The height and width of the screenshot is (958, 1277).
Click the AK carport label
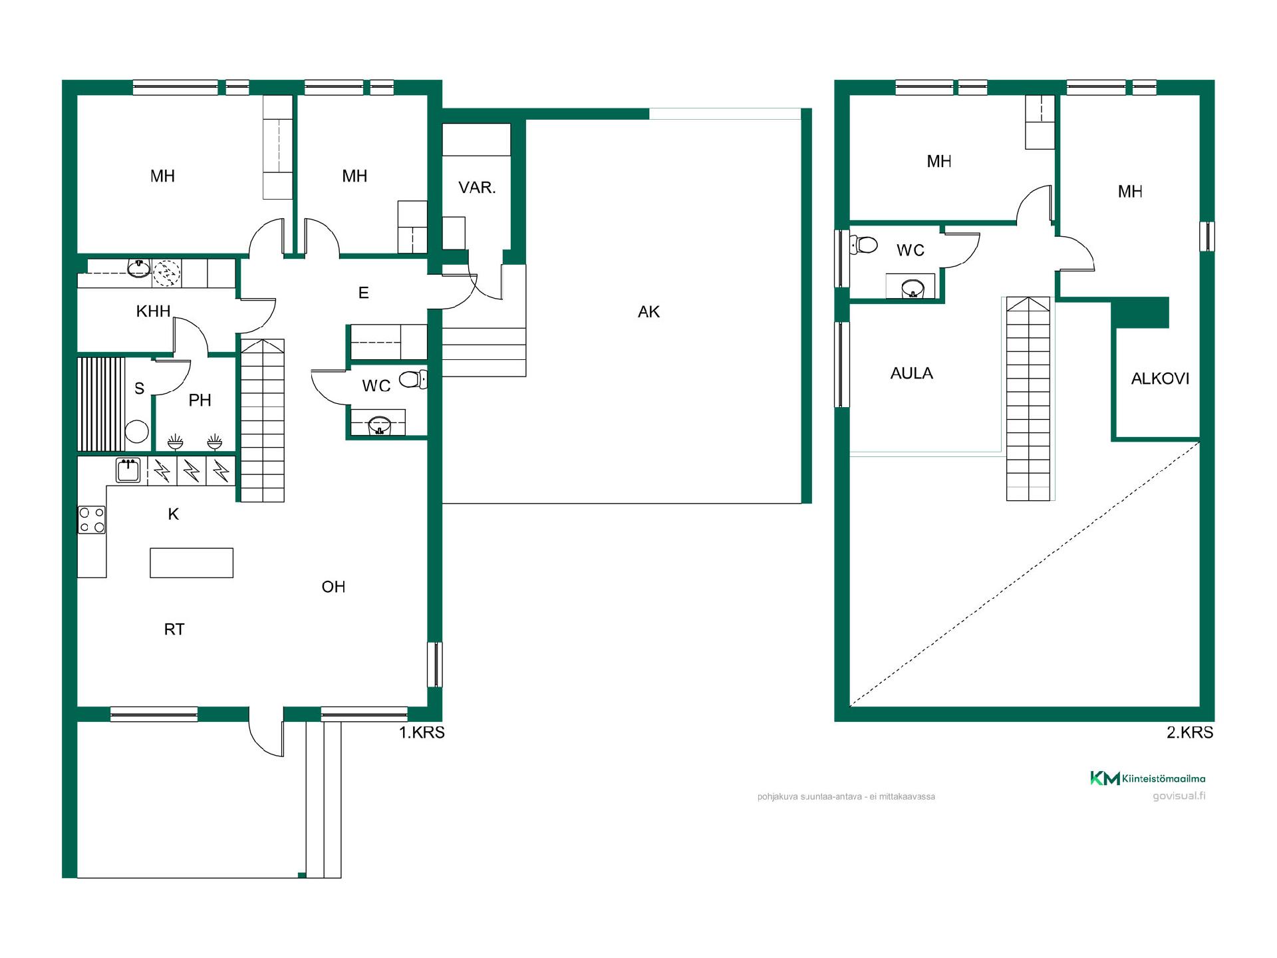[x=648, y=312]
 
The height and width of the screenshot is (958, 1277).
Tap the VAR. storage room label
[x=477, y=188]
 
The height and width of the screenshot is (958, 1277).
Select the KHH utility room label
[x=153, y=311]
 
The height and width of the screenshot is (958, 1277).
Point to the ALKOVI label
[x=1160, y=379]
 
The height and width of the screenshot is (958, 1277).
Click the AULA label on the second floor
[x=911, y=373]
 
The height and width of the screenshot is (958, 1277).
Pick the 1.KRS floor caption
[x=422, y=732]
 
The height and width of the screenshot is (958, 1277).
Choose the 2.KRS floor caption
[x=1190, y=732]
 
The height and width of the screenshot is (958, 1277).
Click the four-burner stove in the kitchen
[x=92, y=520]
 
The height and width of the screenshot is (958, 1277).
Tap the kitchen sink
[x=128, y=470]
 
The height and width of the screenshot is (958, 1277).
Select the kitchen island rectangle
[x=192, y=563]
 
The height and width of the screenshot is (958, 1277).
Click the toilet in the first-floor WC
[x=413, y=379]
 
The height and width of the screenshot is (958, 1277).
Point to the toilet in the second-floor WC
[x=864, y=245]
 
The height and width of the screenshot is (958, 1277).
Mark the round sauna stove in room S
[x=136, y=431]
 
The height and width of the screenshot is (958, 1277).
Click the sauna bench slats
[x=101, y=404]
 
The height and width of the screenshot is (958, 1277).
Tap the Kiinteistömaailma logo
[x=1147, y=778]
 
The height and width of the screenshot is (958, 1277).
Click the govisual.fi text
[x=1179, y=796]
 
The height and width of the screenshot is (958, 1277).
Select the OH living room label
[x=333, y=587]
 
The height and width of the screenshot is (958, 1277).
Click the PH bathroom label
[x=200, y=400]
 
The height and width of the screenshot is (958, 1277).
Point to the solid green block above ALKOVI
[x=1140, y=313]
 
